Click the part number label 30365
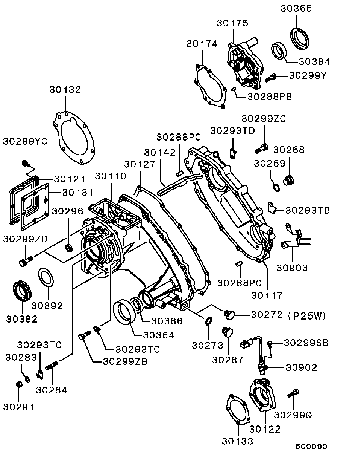click(296, 8)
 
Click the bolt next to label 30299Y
click(270, 78)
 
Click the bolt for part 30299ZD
click(25, 260)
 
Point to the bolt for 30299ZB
click(84, 334)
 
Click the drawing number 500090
click(311, 447)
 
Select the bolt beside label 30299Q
click(293, 393)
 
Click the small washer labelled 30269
click(275, 186)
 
